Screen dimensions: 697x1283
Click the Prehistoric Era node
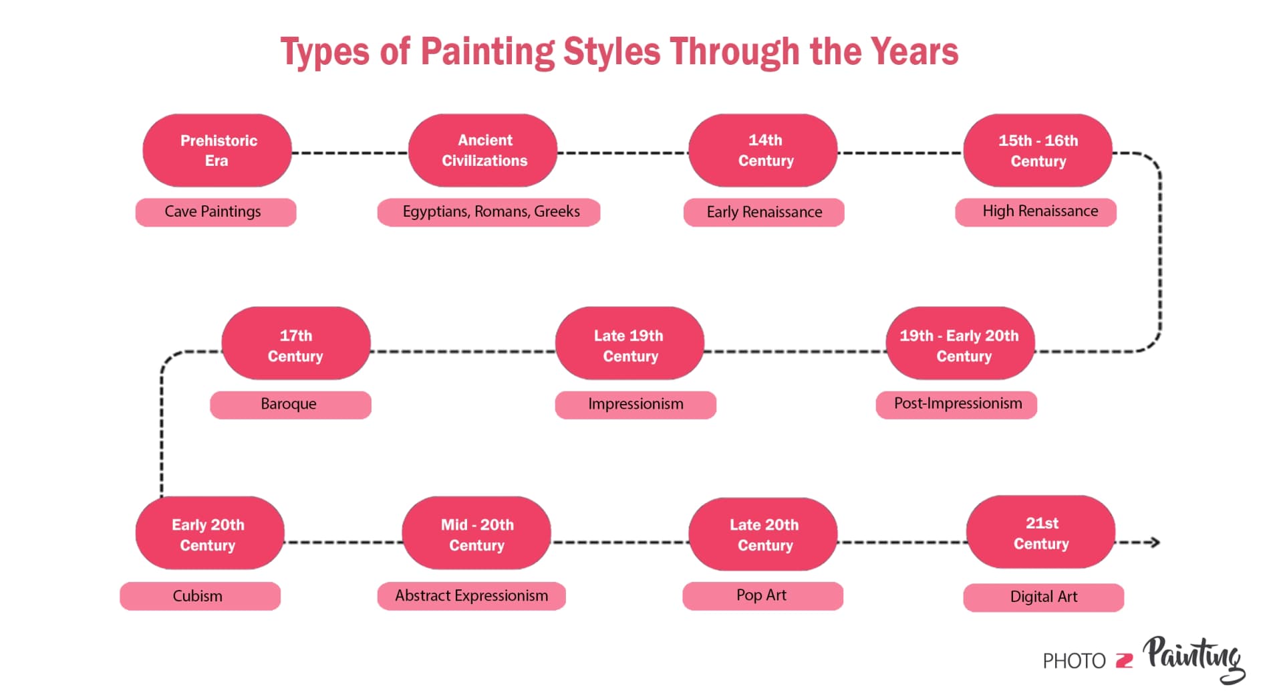click(217, 151)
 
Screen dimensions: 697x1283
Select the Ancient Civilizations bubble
click(483, 151)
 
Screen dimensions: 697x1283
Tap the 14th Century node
click(763, 151)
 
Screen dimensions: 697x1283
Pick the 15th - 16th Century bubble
click(1037, 151)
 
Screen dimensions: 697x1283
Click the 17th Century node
click(296, 344)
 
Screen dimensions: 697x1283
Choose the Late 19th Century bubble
click(629, 344)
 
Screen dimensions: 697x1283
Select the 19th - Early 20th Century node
click(960, 344)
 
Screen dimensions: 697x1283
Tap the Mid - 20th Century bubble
click(476, 533)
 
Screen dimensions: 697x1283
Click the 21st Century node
click(1040, 532)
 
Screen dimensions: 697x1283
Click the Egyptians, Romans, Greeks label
click(489, 212)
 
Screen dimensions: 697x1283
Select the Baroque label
click(290, 405)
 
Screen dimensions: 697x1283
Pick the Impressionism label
click(635, 405)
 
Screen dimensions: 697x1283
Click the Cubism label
click(200, 596)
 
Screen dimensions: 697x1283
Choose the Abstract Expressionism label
click(471, 596)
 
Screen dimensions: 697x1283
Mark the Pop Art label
click(762, 596)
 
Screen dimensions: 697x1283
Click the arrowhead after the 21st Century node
click(1154, 542)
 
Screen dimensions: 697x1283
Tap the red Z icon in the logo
click(1125, 661)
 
